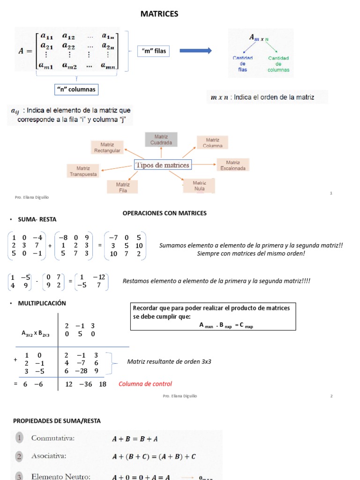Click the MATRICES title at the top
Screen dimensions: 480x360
tap(159, 14)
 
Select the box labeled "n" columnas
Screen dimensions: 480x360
tap(76, 89)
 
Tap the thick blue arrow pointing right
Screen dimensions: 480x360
tap(195, 51)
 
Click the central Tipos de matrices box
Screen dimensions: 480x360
tap(163, 165)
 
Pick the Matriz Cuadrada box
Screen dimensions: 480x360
tap(161, 139)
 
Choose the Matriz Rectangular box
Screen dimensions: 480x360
tap(107, 147)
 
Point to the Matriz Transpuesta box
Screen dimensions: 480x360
tap(83, 171)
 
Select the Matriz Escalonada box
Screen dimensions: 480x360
tap(233, 165)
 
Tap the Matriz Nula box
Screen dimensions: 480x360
tap(199, 186)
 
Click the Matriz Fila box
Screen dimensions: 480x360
tap(123, 187)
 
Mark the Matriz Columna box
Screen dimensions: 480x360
tap(212, 142)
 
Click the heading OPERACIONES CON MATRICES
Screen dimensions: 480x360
tap(165, 213)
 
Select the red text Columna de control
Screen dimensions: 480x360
tap(145, 384)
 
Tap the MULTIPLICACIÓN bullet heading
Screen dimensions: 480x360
tap(42, 303)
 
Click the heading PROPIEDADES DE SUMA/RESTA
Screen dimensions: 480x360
tap(57, 421)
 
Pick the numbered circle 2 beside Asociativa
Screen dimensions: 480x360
tap(19, 456)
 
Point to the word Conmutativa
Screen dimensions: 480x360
tap(53, 438)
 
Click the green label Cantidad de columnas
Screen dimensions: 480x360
tap(278, 64)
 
